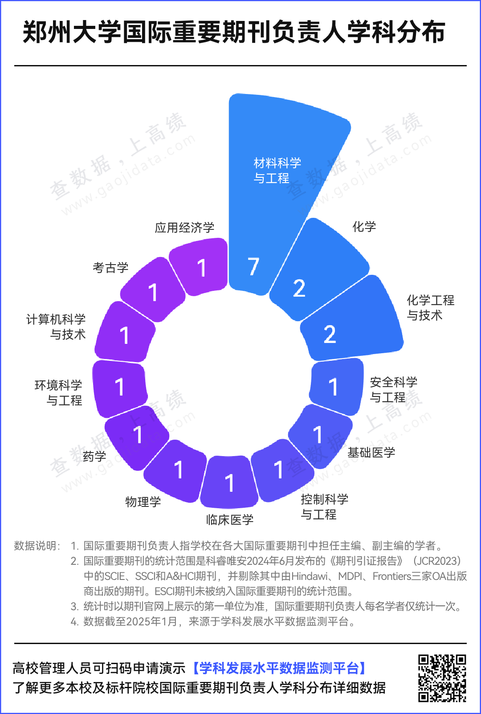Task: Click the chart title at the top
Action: point(234,32)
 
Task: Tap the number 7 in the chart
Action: point(253,267)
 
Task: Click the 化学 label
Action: point(364,227)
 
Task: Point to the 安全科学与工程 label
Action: point(393,390)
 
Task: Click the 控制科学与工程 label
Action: point(324,507)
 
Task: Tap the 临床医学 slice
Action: point(229,482)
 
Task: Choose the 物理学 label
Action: point(143,502)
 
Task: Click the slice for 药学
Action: point(136,437)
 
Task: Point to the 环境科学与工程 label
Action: point(58,393)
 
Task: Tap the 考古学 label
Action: point(110,268)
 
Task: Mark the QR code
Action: point(442,677)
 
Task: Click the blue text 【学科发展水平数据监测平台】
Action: point(280,668)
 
